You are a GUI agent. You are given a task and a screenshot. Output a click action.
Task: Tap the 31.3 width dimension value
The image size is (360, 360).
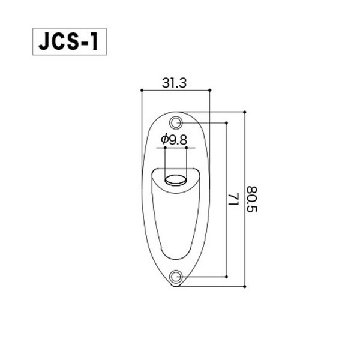(x=175, y=83)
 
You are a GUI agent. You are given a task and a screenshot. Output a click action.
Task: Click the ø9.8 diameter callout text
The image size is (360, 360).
(x=175, y=140)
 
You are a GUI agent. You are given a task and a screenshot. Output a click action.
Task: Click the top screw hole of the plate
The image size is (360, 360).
(x=176, y=122)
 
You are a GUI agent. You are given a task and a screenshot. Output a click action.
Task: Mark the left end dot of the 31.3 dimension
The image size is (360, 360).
(x=141, y=91)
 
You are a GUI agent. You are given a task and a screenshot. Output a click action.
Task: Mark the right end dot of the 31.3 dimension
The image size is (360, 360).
(x=209, y=91)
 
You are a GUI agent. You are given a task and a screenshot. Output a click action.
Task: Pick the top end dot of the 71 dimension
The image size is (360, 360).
(x=226, y=122)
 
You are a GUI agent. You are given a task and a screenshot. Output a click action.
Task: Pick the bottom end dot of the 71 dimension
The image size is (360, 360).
(x=226, y=277)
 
